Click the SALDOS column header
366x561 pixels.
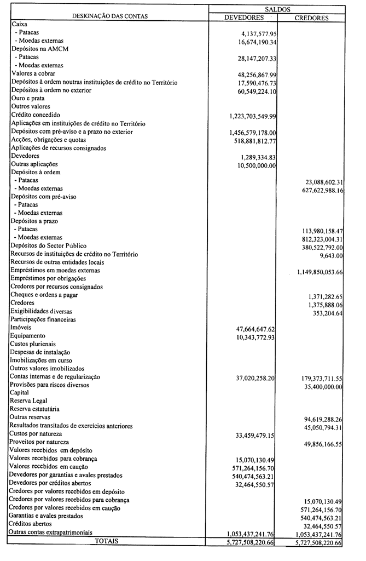point(277,9)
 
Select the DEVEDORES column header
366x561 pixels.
point(245,18)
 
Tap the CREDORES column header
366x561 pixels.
point(311,18)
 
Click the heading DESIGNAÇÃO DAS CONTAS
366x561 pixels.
point(110,16)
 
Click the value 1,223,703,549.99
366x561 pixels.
point(253,117)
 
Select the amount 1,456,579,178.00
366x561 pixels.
point(253,133)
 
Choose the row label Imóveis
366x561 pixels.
point(21,327)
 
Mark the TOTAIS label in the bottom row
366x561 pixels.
point(107,541)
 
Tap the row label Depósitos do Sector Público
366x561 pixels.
point(49,246)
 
